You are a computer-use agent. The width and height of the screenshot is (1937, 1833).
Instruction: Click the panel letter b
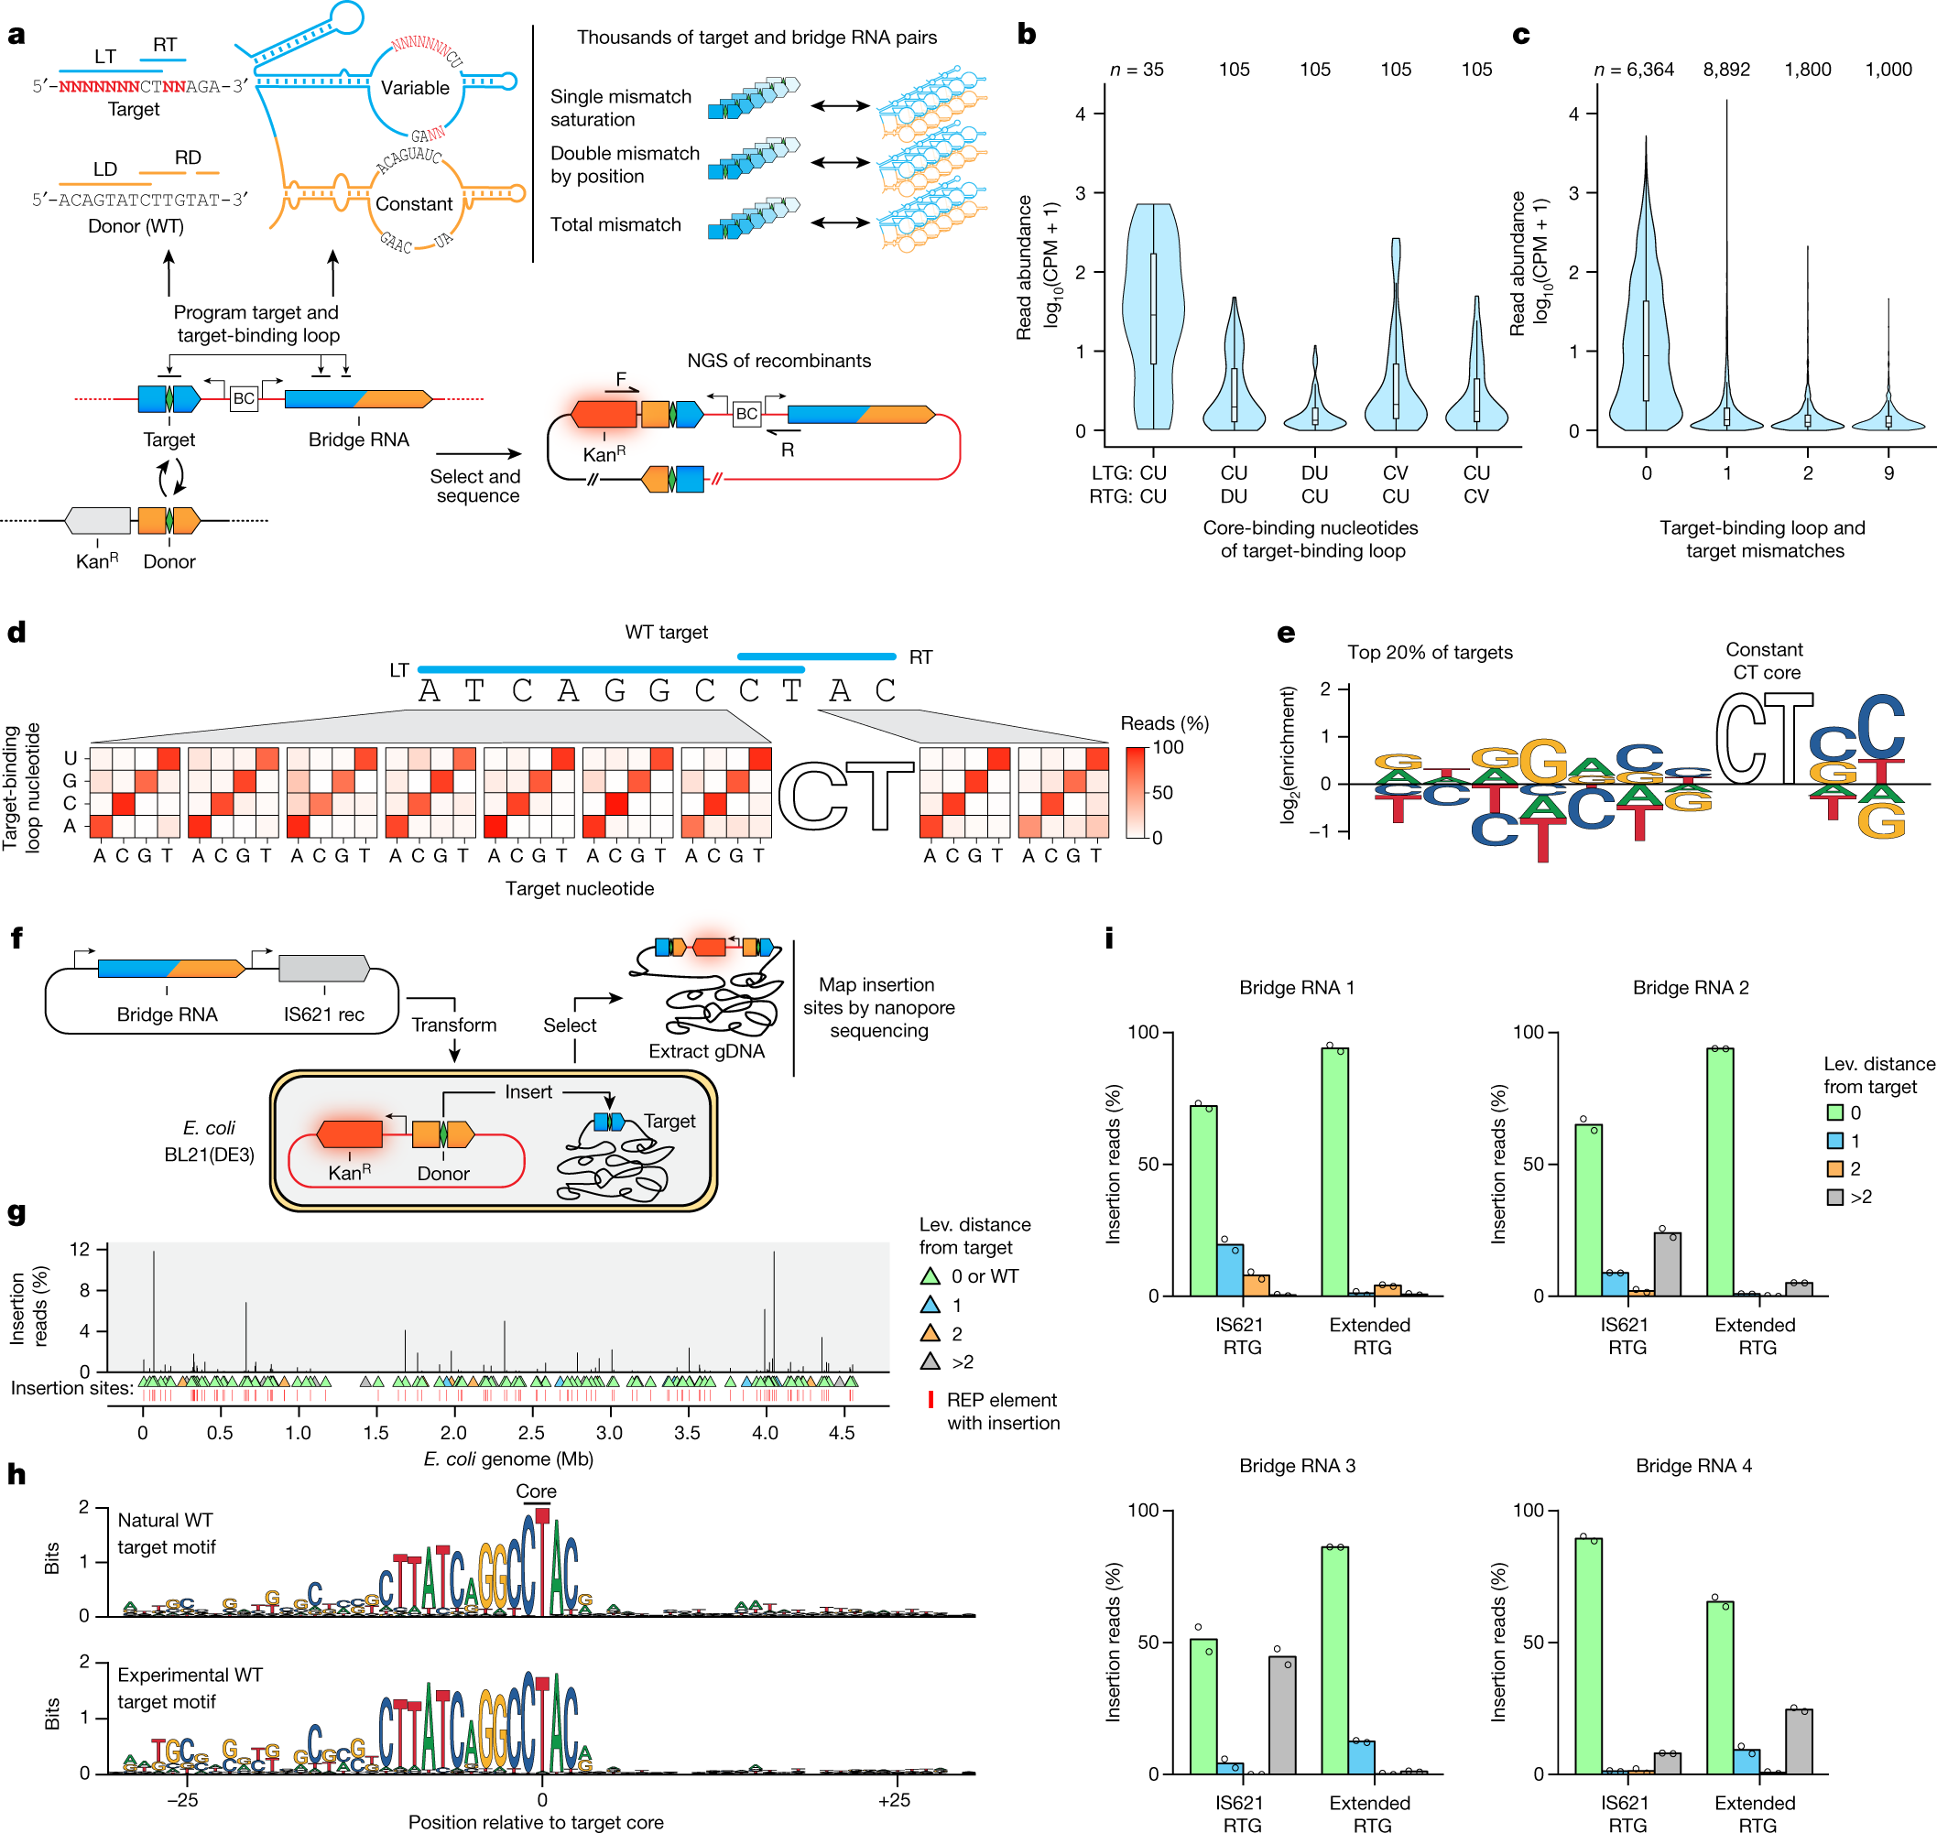(1026, 34)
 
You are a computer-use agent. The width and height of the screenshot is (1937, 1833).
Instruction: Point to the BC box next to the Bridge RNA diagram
(244, 397)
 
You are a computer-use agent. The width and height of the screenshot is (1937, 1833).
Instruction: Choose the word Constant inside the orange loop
(413, 204)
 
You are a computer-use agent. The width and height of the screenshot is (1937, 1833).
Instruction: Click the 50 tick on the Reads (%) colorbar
(1162, 792)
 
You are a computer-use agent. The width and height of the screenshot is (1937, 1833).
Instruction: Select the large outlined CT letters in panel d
(845, 797)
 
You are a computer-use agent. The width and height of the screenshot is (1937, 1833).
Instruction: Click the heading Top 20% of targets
(1429, 653)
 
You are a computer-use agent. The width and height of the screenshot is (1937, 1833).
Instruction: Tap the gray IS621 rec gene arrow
(323, 969)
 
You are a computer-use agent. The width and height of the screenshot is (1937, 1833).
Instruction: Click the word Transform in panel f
(453, 1025)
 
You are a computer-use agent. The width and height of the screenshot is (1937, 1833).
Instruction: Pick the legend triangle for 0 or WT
(930, 1276)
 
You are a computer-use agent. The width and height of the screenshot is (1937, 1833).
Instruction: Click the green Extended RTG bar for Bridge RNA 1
(1335, 1173)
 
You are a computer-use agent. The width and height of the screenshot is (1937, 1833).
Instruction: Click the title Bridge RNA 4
(1692, 1466)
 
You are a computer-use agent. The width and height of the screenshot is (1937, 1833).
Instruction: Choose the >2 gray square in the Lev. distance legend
(1834, 1197)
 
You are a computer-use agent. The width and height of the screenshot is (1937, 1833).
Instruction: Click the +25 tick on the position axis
(893, 1800)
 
